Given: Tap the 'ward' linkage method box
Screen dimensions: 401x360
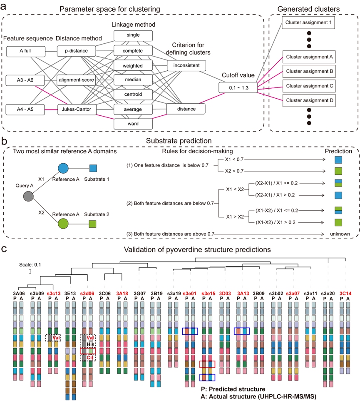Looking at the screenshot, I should pyautogui.click(x=133, y=123).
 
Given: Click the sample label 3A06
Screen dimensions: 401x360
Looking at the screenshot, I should pyautogui.click(x=18, y=293).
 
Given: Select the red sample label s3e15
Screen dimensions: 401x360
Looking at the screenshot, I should pyautogui.click(x=208, y=293).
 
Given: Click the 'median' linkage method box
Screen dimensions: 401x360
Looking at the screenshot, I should pyautogui.click(x=133, y=80).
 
